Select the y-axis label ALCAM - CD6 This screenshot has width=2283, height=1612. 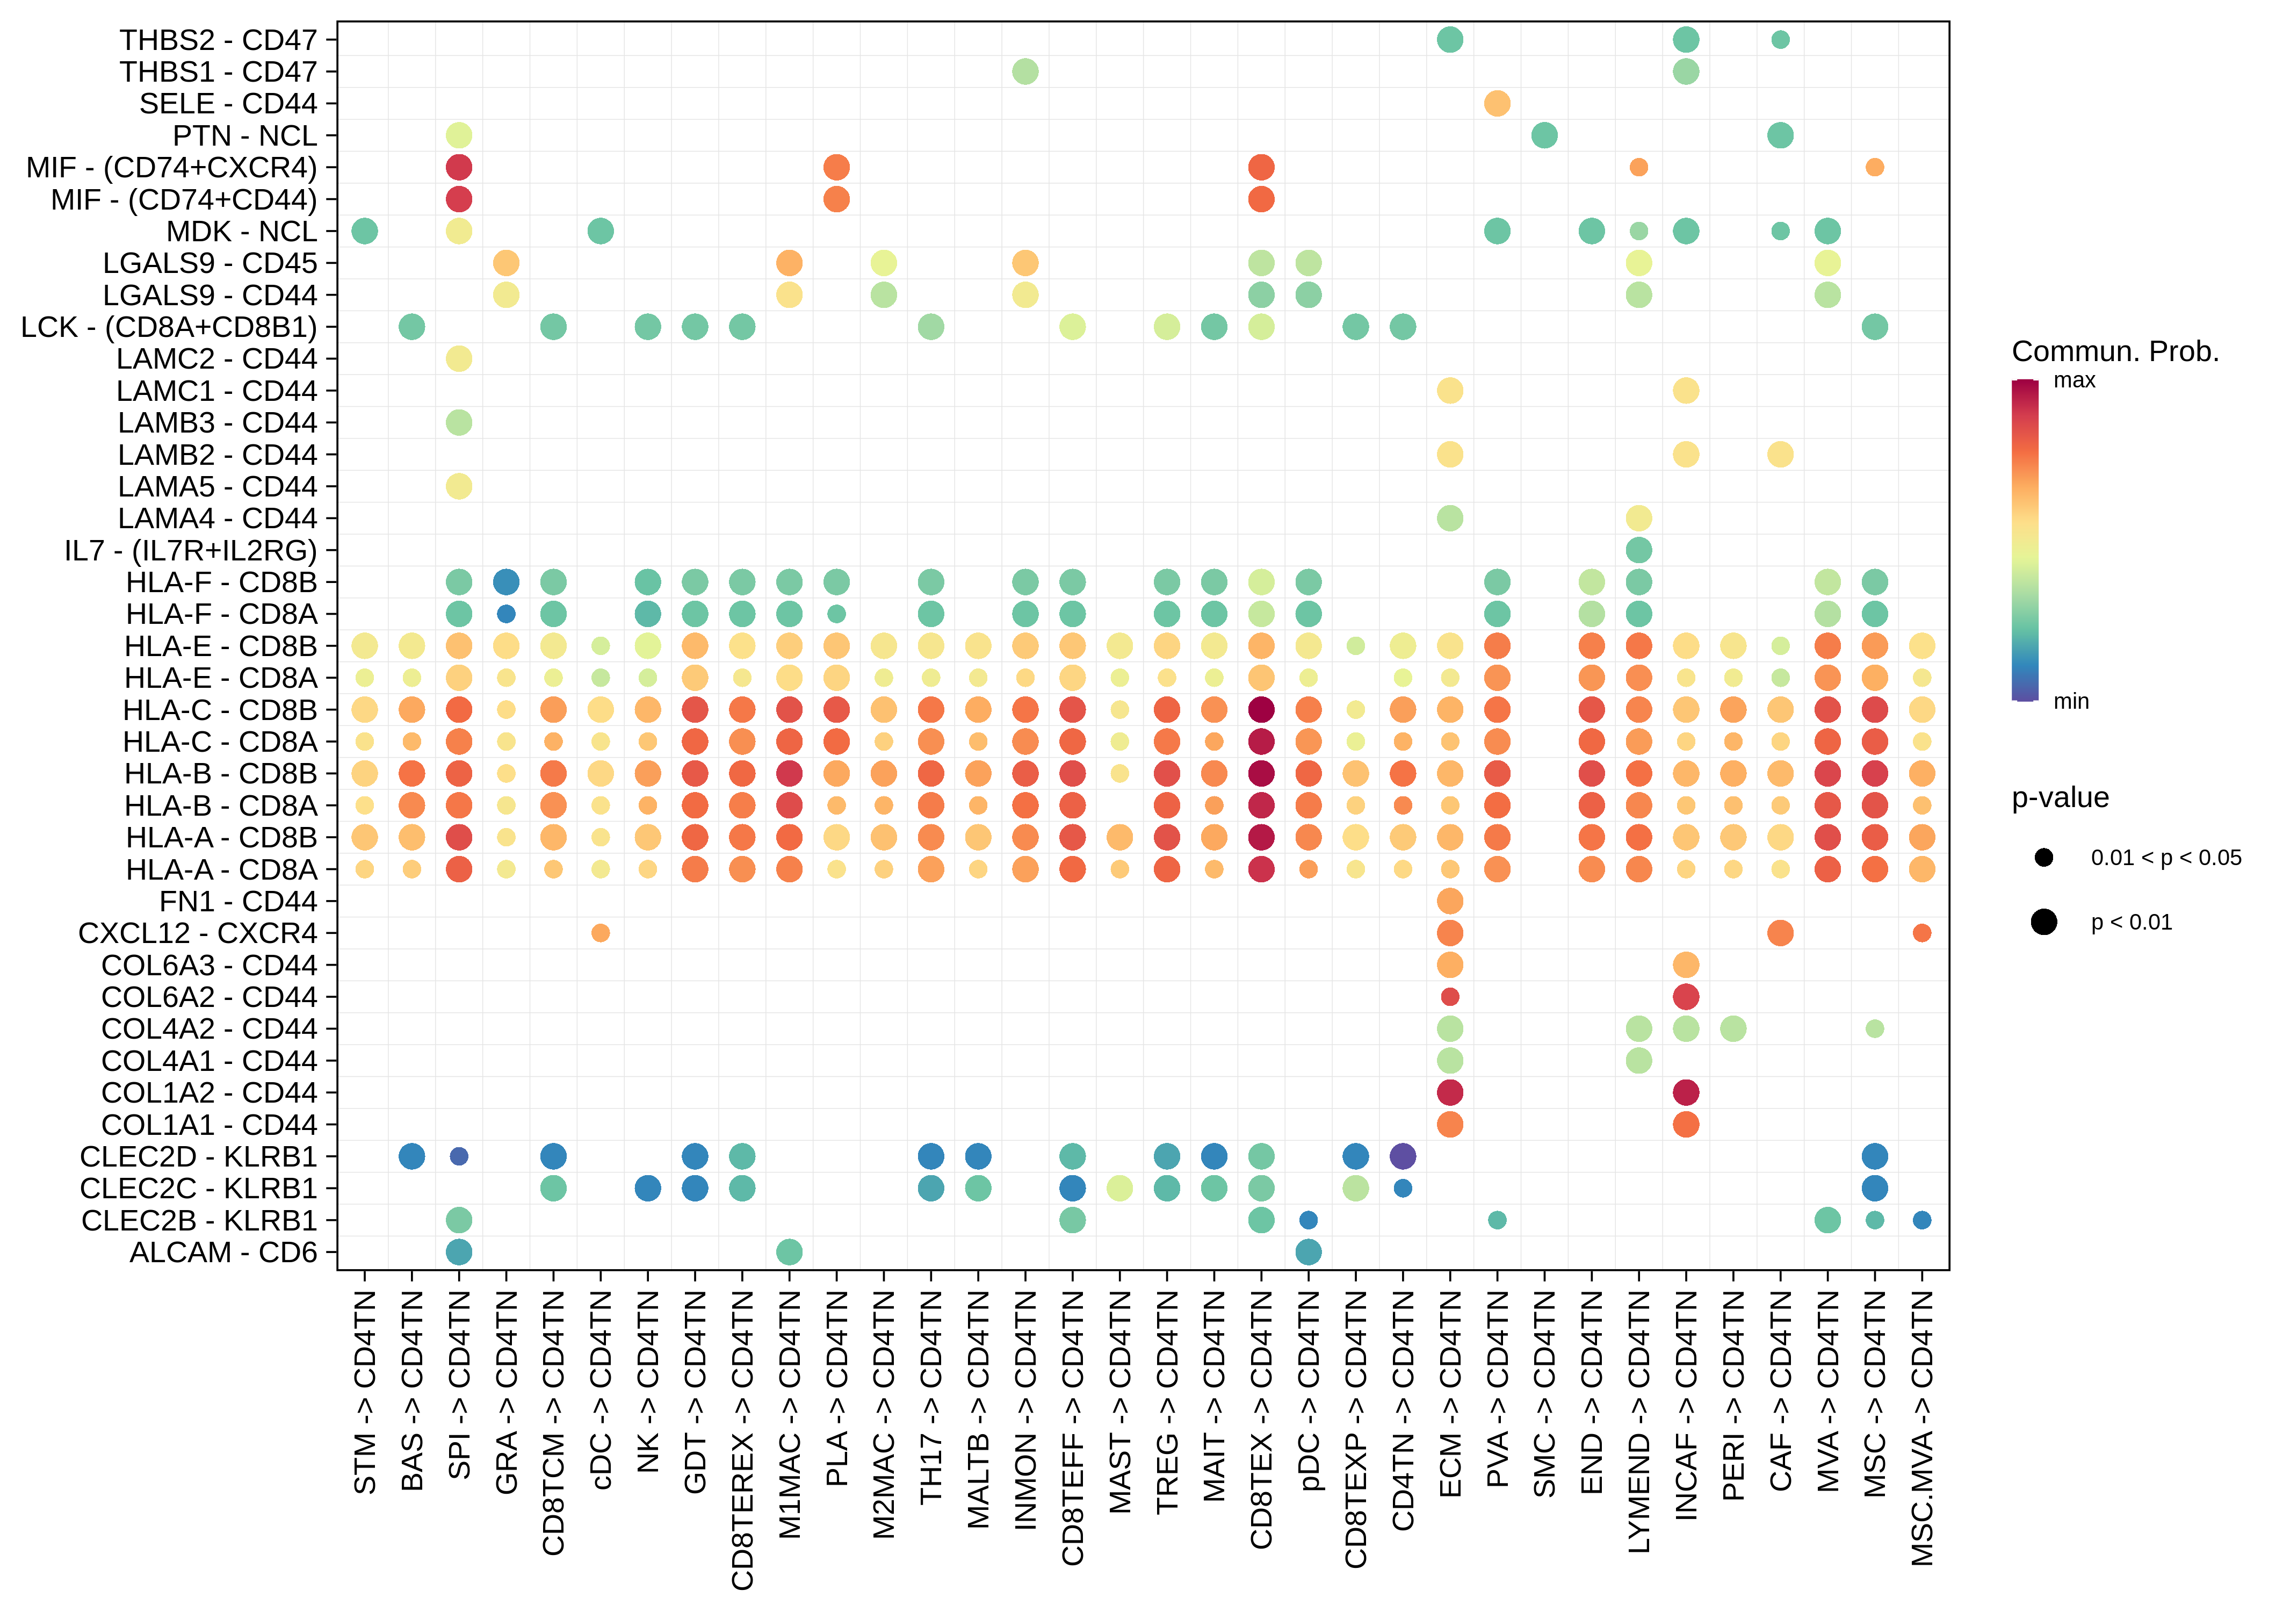[223, 1252]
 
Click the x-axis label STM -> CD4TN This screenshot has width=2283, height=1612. [365, 1392]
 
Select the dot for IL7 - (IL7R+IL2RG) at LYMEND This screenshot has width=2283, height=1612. [1639, 550]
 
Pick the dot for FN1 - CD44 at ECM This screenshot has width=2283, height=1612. [1450, 901]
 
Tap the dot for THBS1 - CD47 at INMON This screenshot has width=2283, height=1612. [1025, 71]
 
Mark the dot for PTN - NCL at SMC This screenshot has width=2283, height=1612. [1544, 135]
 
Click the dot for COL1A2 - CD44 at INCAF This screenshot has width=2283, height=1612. [1686, 1092]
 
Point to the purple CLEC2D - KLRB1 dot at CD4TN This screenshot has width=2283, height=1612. [1402, 1156]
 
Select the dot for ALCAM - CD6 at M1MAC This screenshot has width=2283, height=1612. [789, 1252]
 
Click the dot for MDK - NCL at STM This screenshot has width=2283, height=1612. [365, 231]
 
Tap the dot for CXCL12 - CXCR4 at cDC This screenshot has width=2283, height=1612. [601, 933]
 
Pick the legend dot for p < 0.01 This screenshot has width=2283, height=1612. [2043, 922]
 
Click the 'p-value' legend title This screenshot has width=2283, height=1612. [2060, 797]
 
